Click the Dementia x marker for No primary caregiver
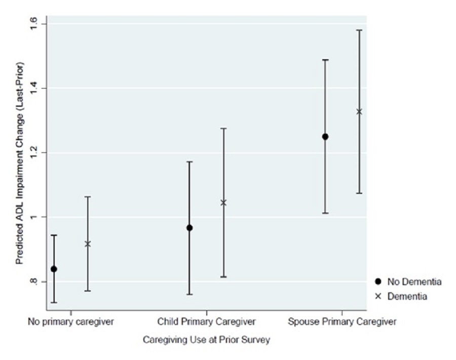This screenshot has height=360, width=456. point(88,244)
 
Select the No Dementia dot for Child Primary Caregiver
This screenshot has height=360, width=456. point(189,228)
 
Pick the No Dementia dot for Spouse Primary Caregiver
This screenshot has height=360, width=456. point(325,137)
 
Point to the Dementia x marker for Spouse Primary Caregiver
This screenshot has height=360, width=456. point(359,111)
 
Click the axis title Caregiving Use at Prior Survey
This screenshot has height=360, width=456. point(206,340)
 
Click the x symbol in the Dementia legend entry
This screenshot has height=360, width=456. point(378,297)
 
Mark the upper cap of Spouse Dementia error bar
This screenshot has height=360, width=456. point(359,30)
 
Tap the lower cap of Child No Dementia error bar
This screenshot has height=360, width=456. point(189,294)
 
